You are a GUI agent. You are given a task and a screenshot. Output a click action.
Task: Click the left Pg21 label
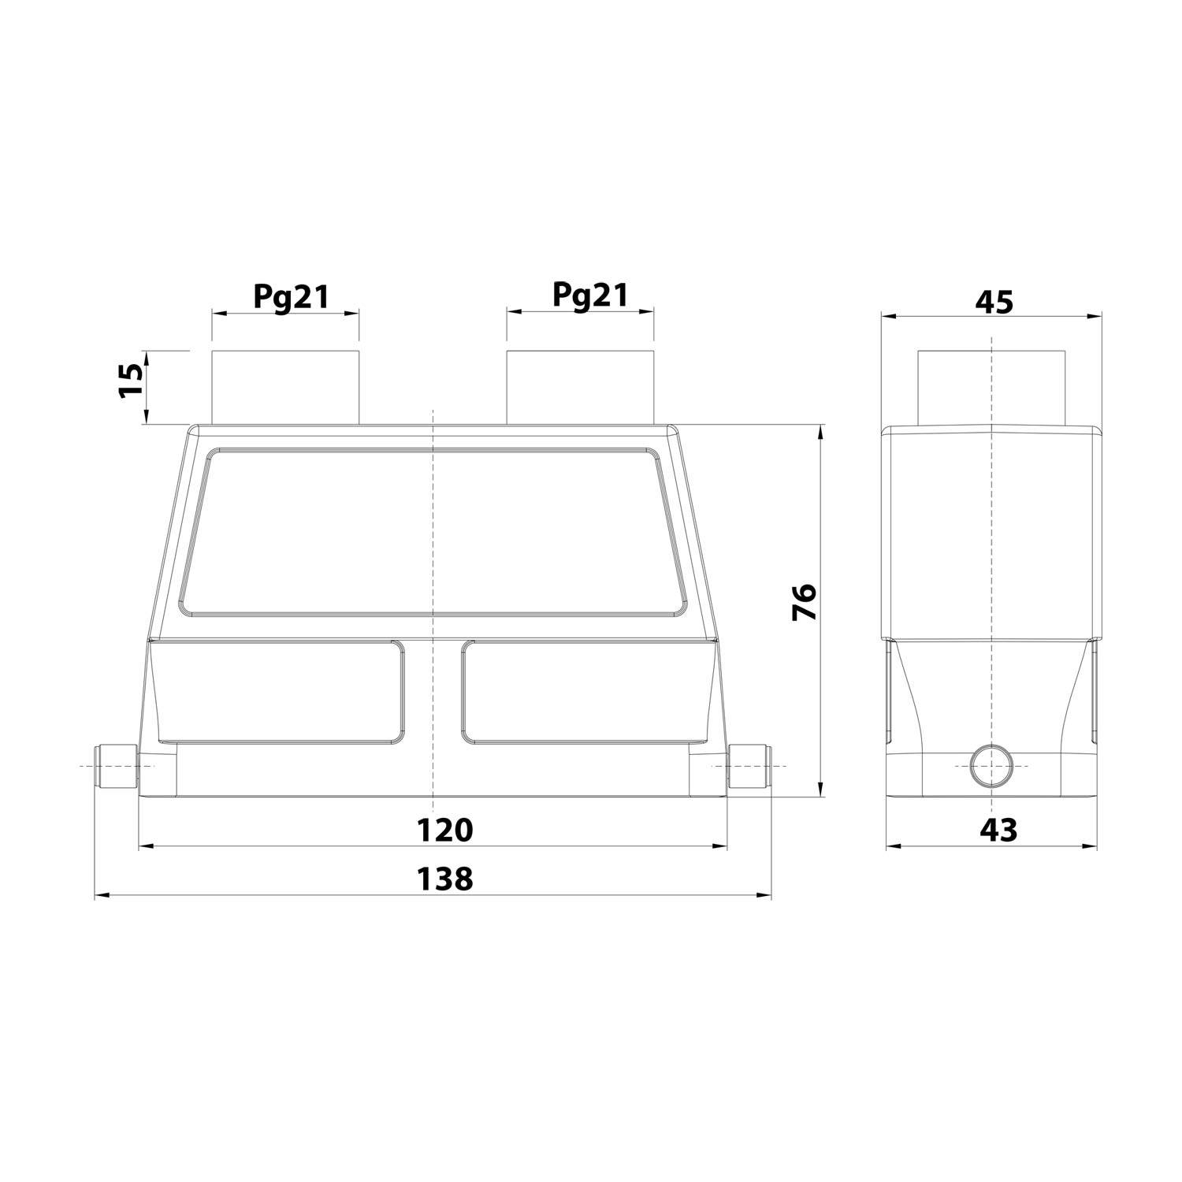tap(291, 296)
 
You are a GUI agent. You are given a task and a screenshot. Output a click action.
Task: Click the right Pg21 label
tap(589, 295)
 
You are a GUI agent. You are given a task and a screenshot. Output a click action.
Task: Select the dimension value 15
tap(132, 381)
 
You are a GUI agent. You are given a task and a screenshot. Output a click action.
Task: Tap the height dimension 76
tap(805, 603)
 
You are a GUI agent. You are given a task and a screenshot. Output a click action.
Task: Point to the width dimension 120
tap(444, 830)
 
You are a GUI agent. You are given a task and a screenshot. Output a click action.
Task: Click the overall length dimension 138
tap(444, 878)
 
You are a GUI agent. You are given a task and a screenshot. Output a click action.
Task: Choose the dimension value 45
tap(994, 302)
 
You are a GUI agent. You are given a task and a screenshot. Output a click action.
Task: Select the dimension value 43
tap(998, 829)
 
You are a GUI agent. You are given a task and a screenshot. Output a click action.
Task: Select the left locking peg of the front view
tap(116, 766)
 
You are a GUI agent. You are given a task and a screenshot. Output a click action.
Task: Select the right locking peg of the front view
tap(749, 766)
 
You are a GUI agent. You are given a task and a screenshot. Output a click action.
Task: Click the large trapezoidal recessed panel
tap(432, 532)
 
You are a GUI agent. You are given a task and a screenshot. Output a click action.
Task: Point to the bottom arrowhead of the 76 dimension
tap(821, 790)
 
